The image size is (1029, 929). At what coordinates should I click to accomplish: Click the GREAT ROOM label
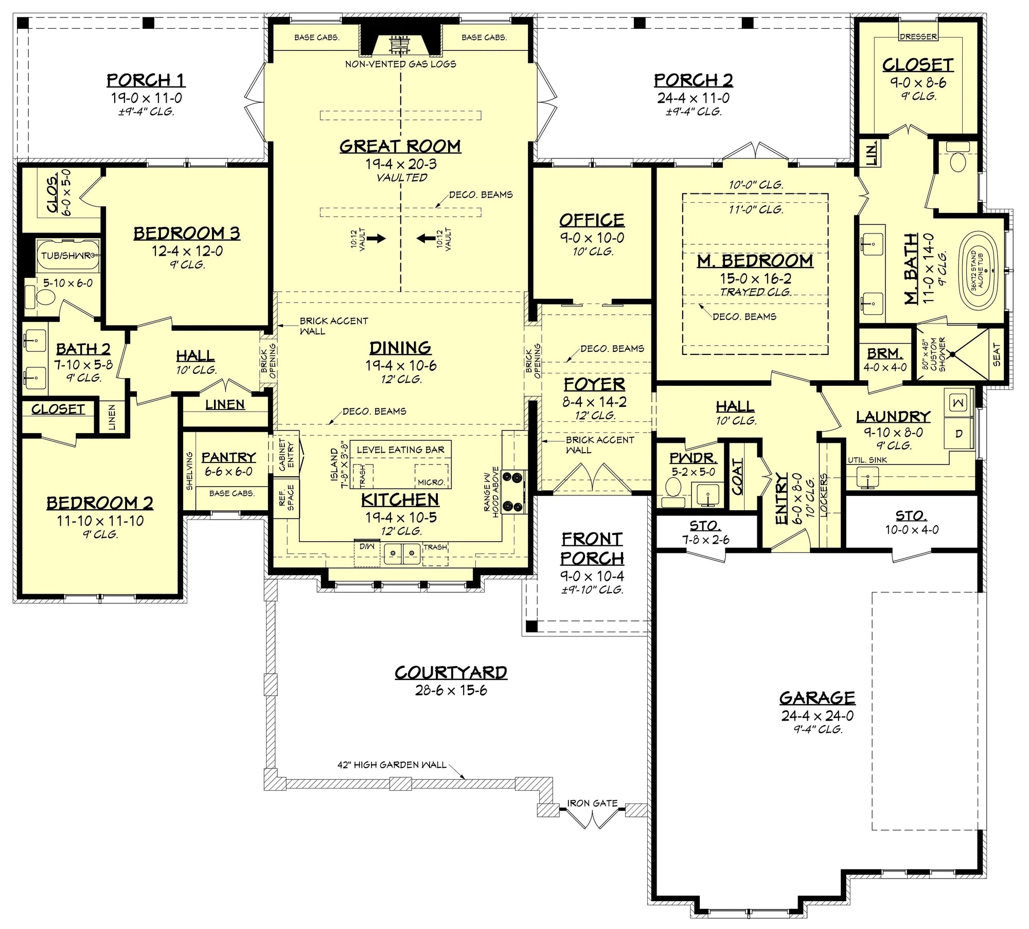pos(400,146)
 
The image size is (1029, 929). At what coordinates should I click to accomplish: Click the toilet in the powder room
pos(673,487)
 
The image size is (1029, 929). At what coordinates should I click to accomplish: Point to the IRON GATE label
pos(592,803)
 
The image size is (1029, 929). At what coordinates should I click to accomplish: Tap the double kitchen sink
pos(402,553)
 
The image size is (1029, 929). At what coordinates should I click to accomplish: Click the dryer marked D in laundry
pos(958,434)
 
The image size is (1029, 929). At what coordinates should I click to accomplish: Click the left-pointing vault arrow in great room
pos(425,238)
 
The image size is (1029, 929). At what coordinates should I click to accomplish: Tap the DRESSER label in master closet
pos(918,37)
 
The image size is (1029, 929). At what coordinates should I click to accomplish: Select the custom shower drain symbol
pos(952,354)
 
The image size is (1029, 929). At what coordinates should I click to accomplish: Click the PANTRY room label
pos(228,457)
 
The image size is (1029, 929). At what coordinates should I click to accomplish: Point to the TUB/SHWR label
pos(66,256)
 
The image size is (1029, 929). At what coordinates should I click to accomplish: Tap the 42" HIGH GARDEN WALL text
pos(392,765)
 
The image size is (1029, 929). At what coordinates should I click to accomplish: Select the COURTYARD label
pos(451,672)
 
